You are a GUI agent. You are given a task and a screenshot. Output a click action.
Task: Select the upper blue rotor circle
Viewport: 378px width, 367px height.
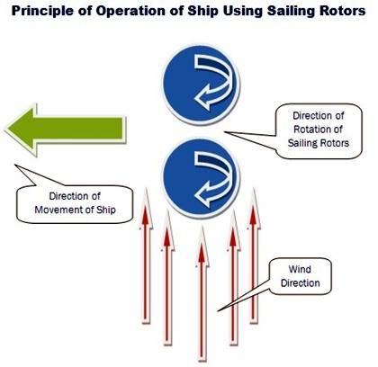pyautogui.click(x=201, y=85)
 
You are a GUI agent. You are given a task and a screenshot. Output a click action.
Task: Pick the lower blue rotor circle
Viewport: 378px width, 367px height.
pyautogui.click(x=201, y=178)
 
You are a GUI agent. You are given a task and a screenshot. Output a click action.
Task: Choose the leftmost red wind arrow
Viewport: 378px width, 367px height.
pyautogui.click(x=146, y=255)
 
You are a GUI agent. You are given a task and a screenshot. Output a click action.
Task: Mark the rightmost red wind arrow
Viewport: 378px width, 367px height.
pyautogui.click(x=254, y=255)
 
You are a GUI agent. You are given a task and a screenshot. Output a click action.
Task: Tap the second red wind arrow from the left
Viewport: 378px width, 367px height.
pyautogui.click(x=168, y=277)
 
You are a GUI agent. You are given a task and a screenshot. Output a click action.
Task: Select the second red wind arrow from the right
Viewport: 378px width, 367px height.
pyautogui.click(x=233, y=277)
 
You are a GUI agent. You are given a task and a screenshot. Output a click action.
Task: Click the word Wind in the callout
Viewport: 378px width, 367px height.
pyautogui.click(x=300, y=269)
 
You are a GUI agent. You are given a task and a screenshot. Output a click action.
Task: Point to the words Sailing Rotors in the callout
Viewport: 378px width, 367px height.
pyautogui.click(x=319, y=143)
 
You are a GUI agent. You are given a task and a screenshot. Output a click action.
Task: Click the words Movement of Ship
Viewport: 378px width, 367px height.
pyautogui.click(x=75, y=210)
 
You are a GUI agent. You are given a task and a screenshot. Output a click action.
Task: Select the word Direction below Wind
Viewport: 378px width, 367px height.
pyautogui.click(x=301, y=282)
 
